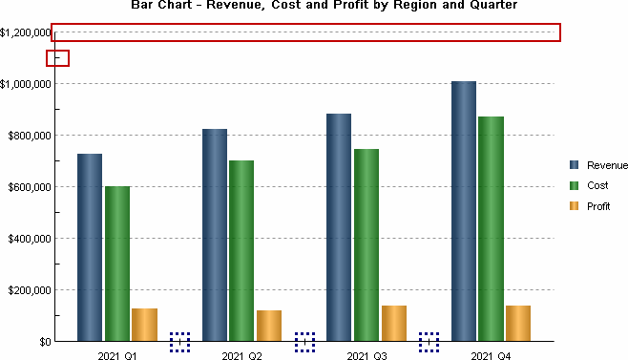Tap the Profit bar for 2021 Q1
point(144,324)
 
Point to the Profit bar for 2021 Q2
point(269,325)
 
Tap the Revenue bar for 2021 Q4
point(464,210)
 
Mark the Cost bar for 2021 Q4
point(492,228)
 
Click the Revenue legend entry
point(600,165)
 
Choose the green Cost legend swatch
point(575,185)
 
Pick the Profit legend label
point(598,205)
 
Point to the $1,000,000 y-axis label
point(26,84)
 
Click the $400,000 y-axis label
point(29,239)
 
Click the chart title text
point(324,6)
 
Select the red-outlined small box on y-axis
point(57,58)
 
